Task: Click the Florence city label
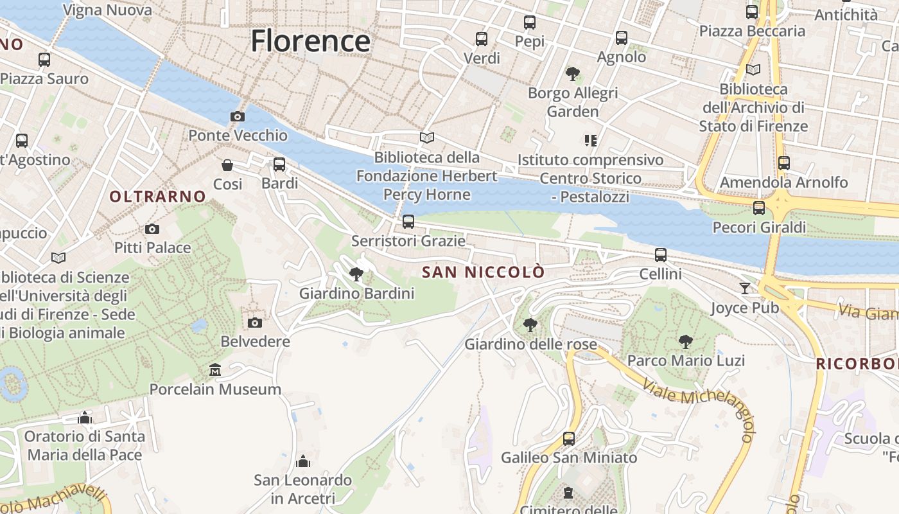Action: coord(310,41)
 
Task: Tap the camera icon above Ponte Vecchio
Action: coord(238,116)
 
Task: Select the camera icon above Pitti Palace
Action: coord(152,229)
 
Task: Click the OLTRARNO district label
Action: coord(157,197)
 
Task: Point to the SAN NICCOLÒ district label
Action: coord(483,272)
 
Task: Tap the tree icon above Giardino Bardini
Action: coord(356,275)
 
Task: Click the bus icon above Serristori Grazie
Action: coord(408,222)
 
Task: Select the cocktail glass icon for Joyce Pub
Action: coord(745,288)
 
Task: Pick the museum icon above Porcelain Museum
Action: coord(215,370)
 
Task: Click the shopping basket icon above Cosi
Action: coord(227,165)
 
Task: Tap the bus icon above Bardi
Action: coord(279,164)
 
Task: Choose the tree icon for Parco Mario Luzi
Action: coord(686,341)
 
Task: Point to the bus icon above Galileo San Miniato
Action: coord(569,438)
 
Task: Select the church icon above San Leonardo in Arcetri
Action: coord(302,461)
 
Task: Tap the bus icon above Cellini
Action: coord(661,255)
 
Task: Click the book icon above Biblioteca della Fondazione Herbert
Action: coord(427,137)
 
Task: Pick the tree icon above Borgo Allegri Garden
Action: coord(572,74)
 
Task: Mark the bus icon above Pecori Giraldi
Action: coord(759,208)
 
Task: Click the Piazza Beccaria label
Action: coord(752,31)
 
